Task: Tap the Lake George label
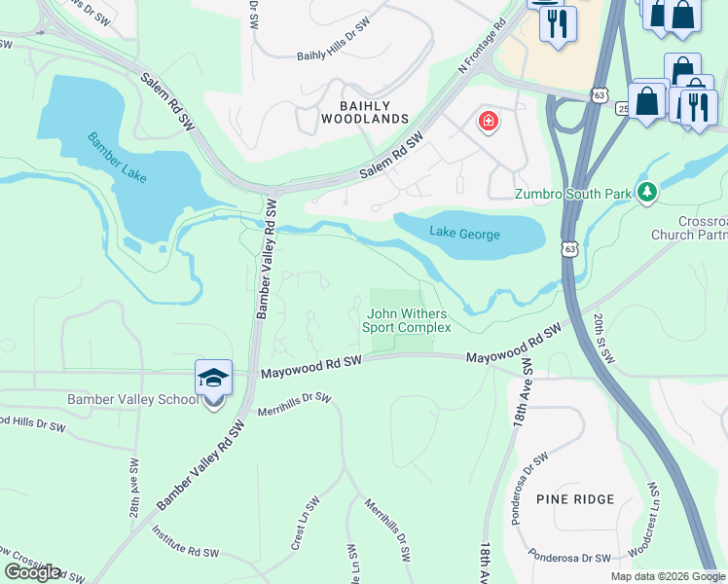click(x=466, y=235)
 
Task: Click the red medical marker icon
click(x=488, y=123)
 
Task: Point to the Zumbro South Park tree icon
click(x=646, y=192)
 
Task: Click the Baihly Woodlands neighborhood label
click(x=365, y=112)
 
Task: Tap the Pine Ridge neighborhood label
click(x=575, y=499)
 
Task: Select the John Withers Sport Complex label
click(x=407, y=320)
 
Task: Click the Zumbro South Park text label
click(x=573, y=195)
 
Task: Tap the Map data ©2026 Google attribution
click(x=668, y=576)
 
